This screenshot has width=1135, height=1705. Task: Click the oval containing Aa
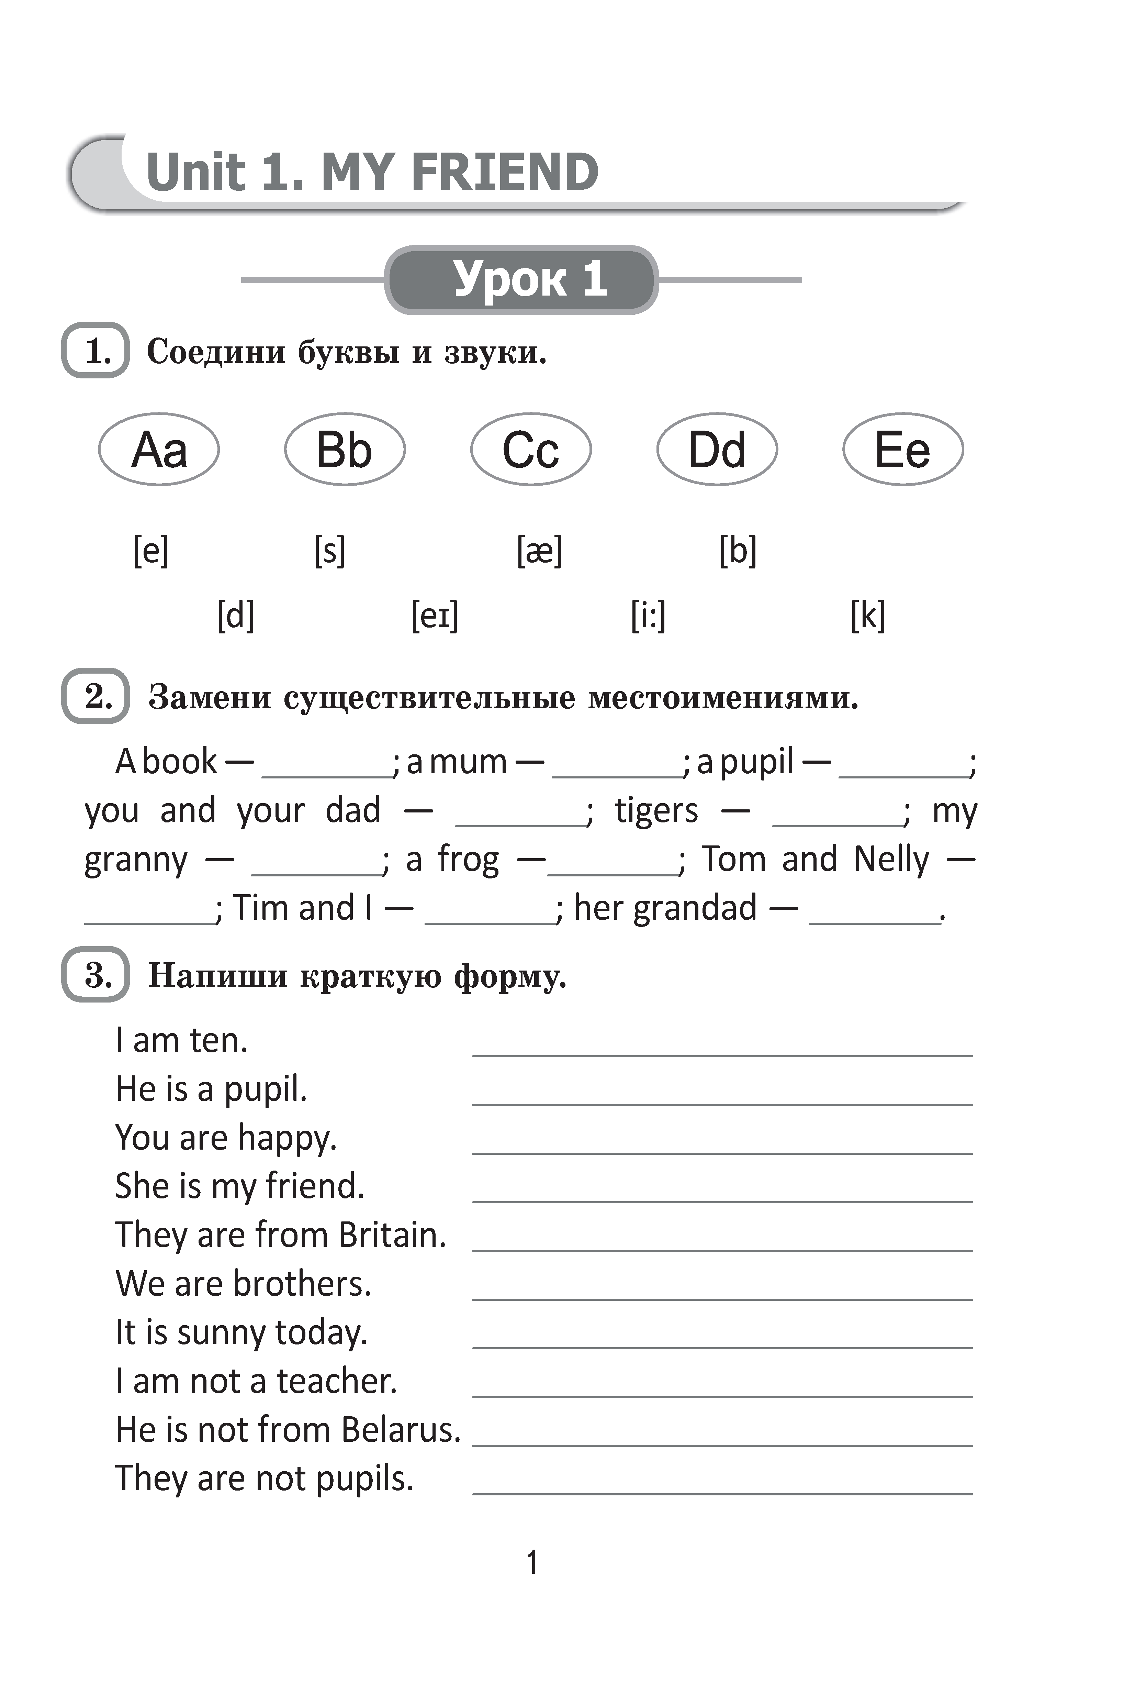pyautogui.click(x=158, y=449)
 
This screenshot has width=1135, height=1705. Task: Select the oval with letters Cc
pyautogui.click(x=531, y=449)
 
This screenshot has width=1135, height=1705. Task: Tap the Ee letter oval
pyautogui.click(x=903, y=449)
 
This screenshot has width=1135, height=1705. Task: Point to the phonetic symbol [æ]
pyautogui.click(x=539, y=551)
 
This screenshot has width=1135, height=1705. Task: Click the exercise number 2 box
pyautogui.click(x=95, y=696)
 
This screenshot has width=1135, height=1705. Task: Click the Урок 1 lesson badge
pyautogui.click(x=521, y=279)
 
